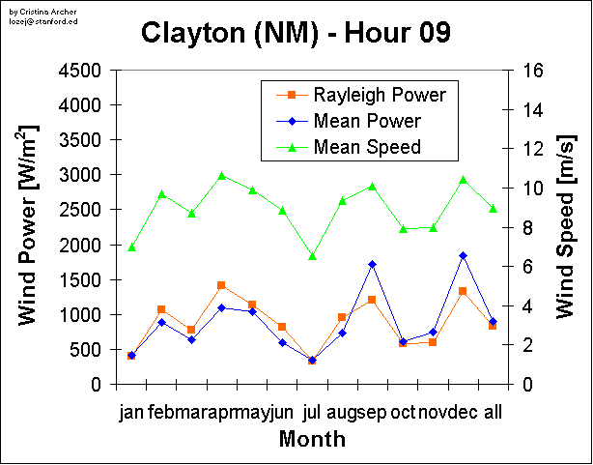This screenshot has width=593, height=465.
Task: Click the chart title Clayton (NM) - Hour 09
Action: click(x=296, y=33)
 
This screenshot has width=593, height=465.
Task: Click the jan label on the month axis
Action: click(x=130, y=413)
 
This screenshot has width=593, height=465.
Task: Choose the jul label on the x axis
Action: click(x=311, y=413)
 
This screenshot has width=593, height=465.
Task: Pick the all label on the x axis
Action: click(x=493, y=413)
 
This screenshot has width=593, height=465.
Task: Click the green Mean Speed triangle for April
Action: click(x=221, y=176)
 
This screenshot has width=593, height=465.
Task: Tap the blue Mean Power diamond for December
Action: click(x=463, y=255)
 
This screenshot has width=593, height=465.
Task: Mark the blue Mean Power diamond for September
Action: click(x=372, y=264)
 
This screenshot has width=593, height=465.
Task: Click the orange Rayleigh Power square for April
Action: click(x=221, y=285)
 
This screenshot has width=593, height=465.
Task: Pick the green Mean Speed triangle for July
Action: click(x=312, y=256)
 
